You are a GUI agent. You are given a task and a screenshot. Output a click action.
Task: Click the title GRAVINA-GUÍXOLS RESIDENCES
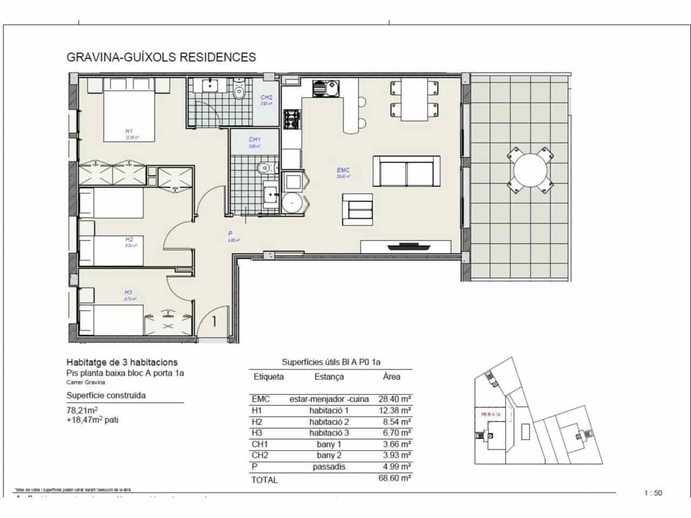161,57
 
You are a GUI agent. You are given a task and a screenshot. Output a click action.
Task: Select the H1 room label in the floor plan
129,131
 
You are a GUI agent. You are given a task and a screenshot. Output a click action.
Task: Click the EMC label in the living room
343,171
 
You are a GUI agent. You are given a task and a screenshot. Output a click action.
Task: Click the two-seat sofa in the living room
407,171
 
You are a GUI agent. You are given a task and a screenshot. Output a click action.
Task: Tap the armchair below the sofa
357,210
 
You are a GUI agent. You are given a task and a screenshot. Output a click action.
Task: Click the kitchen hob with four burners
292,119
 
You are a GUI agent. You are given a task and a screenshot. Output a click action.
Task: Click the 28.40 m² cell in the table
395,399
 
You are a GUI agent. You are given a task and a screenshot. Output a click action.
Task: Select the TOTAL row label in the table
265,480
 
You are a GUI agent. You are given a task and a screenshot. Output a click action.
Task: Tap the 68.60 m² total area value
395,479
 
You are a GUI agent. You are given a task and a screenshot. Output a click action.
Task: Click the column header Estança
329,377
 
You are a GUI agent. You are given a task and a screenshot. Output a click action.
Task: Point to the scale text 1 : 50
653,493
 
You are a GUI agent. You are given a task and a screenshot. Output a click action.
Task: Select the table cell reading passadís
329,467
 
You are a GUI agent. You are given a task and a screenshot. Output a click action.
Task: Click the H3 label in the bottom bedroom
128,292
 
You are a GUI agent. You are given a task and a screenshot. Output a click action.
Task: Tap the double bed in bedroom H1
129,111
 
